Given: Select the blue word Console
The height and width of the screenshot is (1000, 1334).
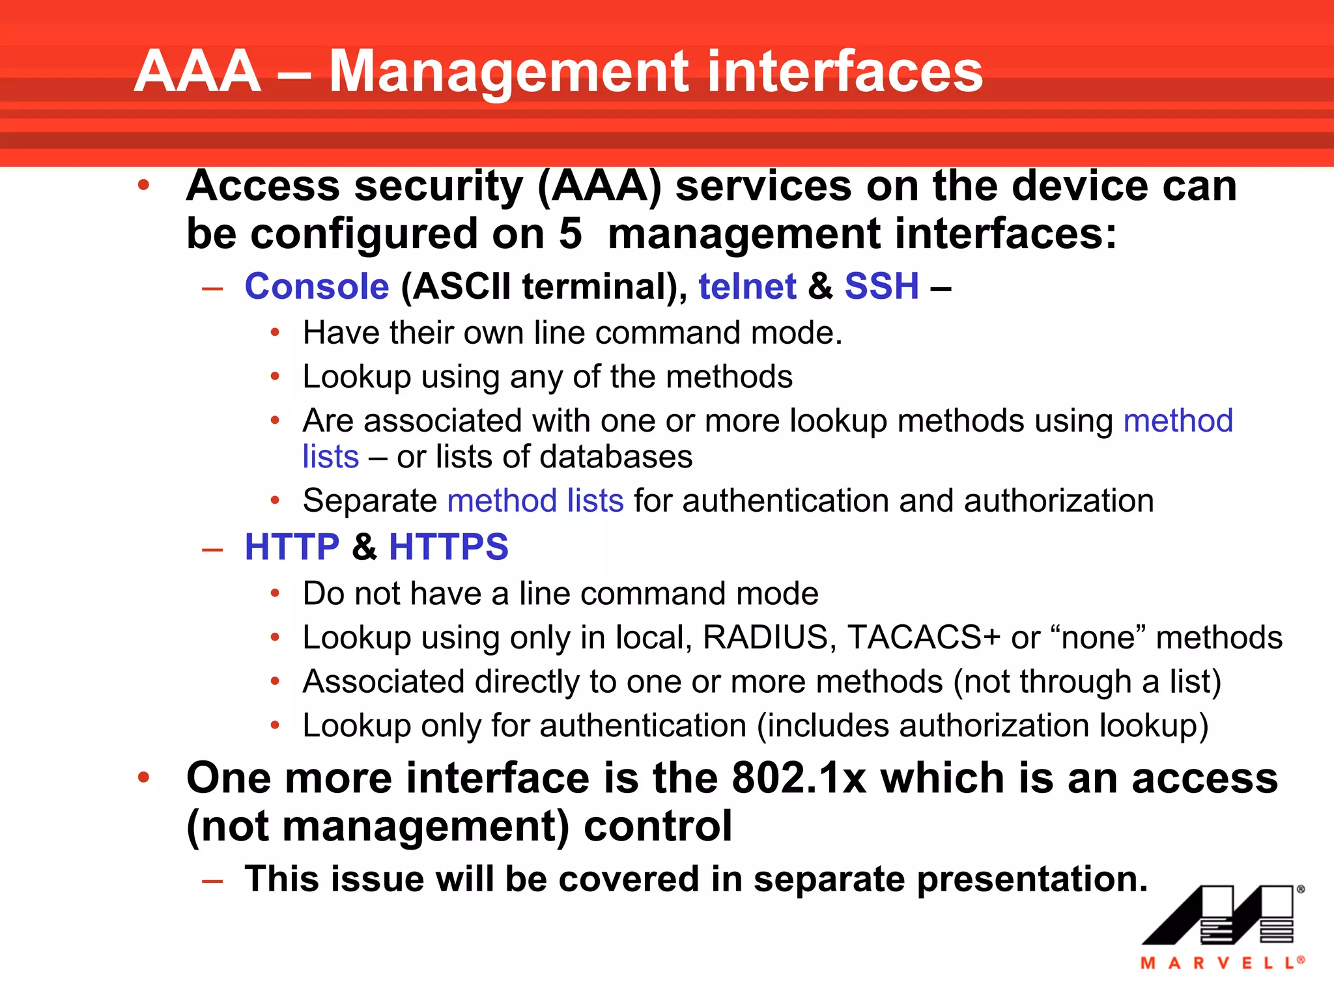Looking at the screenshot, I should pos(317,286).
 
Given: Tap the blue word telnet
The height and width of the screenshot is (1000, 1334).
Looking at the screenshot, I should pos(747,286).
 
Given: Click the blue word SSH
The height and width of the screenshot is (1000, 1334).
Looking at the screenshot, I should pos(881,286).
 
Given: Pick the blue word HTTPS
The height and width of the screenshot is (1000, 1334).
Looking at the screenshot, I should pos(448,547).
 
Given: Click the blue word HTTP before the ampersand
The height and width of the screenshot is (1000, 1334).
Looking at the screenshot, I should pos(292,547).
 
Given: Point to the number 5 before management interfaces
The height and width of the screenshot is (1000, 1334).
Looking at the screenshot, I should pos(570,234).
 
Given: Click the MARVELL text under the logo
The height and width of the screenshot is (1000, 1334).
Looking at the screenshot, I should pos(1221,963).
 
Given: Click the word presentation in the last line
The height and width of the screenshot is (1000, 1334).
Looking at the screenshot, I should pos(1032,880).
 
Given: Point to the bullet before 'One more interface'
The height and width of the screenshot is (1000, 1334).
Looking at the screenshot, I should pos(144,777).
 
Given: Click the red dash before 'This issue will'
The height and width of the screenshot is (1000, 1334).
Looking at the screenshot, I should pos(212,882).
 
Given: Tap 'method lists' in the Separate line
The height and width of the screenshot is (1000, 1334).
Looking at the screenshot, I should pos(535,501).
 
